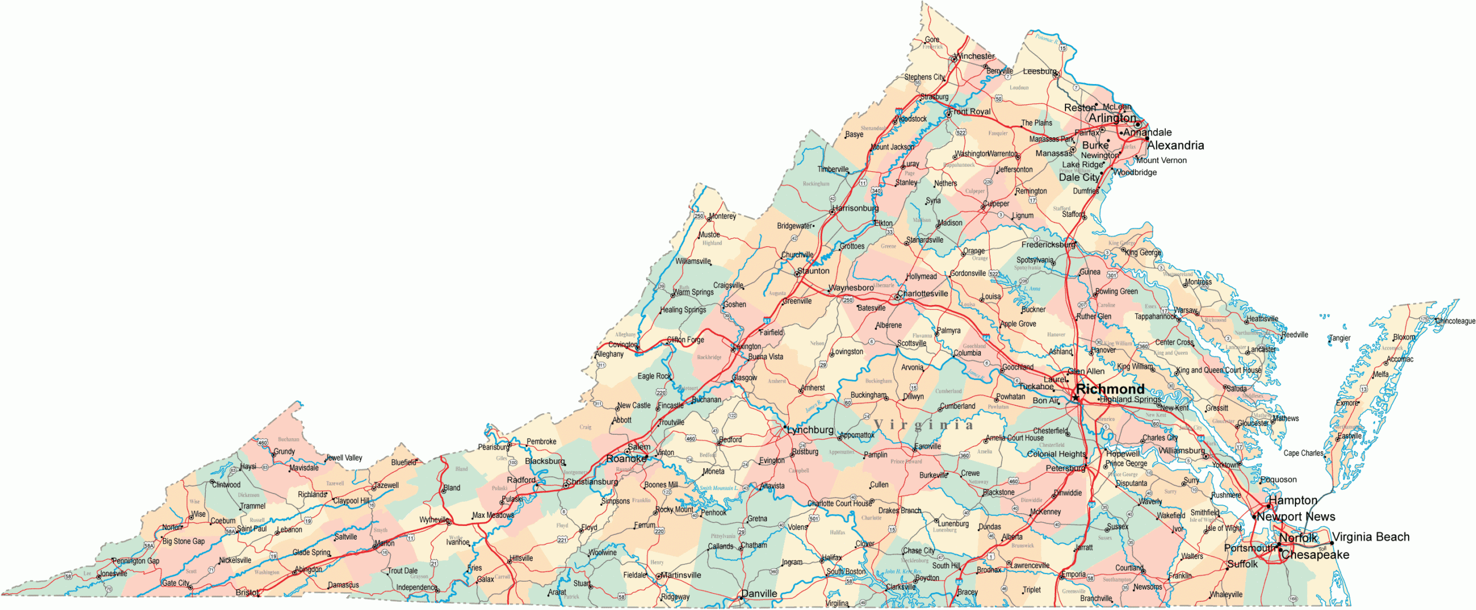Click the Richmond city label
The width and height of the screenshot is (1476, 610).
tap(1109, 389)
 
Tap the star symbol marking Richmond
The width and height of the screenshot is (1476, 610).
tap(1075, 398)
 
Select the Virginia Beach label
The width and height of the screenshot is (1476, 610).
tap(1370, 537)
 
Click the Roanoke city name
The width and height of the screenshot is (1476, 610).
tap(626, 459)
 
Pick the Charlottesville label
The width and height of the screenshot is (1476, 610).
tap(922, 293)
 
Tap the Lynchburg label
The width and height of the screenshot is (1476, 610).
tap(810, 430)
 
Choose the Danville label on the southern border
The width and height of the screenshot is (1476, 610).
tap(759, 593)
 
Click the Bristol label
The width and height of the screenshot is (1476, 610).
tap(247, 592)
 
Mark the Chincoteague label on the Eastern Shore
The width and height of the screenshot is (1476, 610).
tap(1455, 321)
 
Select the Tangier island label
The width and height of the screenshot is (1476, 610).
tap(1340, 338)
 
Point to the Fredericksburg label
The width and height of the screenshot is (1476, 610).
tap(1048, 244)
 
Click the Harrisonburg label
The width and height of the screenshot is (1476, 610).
tap(856, 208)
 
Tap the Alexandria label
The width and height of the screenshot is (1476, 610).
tap(1176, 145)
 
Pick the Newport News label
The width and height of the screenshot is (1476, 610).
tap(1296, 517)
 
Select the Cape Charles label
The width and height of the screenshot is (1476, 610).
tap(1303, 453)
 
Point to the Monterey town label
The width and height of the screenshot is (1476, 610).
tap(722, 216)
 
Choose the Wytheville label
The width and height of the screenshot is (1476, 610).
tap(434, 519)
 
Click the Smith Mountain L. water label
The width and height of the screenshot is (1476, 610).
tap(718, 488)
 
